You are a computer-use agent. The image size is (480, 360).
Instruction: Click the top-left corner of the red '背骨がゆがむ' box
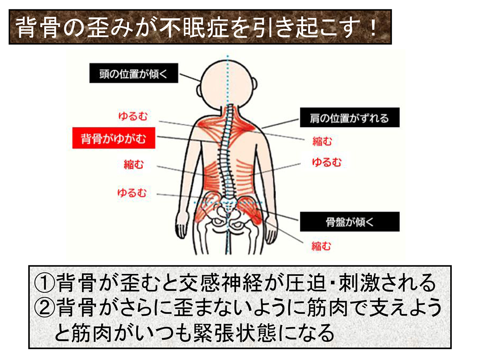(73, 128)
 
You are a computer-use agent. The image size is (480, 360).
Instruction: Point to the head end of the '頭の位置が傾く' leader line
(200, 81)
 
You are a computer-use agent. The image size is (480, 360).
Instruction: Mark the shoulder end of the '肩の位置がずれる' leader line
(262, 128)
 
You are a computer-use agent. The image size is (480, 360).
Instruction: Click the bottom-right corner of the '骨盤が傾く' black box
(399, 231)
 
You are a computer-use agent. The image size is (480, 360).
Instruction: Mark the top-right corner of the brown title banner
(392, 10)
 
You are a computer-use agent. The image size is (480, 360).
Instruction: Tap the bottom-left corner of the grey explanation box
(29, 348)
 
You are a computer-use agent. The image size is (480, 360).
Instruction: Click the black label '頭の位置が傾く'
(134, 73)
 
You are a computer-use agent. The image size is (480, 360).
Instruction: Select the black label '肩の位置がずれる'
(350, 117)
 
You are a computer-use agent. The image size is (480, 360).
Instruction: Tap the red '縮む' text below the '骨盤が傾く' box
(321, 246)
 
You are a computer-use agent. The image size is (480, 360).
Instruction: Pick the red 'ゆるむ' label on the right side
(327, 162)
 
